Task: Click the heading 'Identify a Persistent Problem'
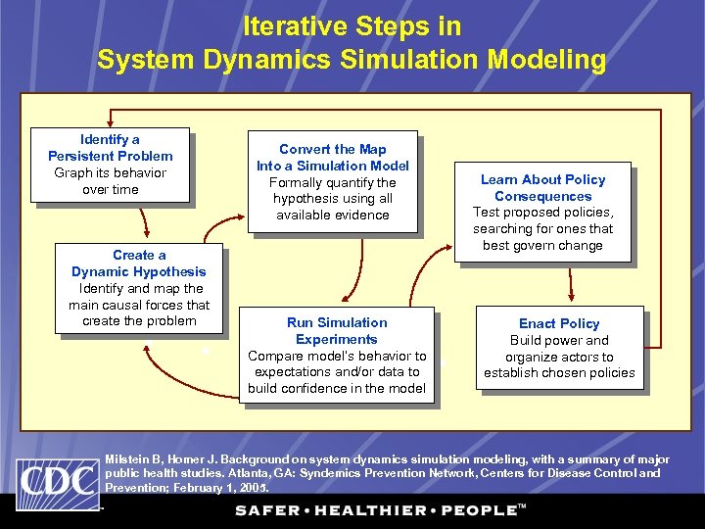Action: click(x=110, y=148)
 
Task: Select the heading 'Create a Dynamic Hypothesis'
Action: click(x=139, y=264)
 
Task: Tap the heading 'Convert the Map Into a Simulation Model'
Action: click(x=333, y=158)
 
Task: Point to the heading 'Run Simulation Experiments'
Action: click(x=336, y=331)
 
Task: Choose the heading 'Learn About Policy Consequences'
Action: click(x=542, y=188)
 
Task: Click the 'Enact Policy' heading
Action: click(x=559, y=323)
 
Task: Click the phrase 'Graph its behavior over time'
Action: click(x=110, y=181)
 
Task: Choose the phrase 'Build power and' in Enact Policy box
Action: click(x=559, y=341)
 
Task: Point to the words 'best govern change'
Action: click(x=542, y=245)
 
